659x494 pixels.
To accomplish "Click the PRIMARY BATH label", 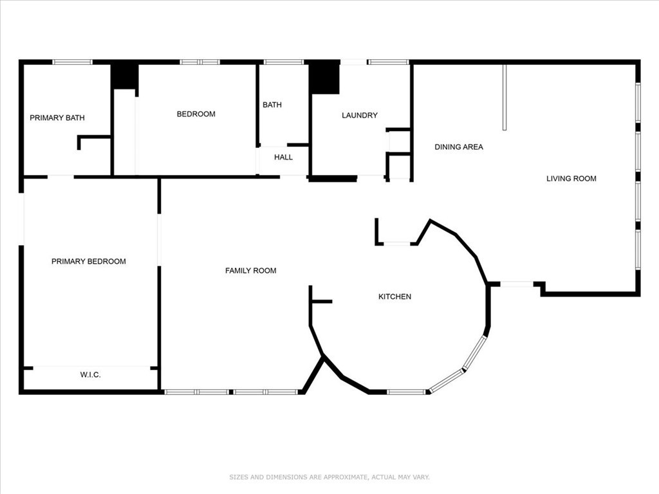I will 57,118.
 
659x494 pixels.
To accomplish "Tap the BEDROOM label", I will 196,114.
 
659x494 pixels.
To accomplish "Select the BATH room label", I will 272,105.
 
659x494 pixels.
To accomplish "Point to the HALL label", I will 283,157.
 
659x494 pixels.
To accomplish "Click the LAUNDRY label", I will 359,115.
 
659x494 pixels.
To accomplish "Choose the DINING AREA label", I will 458,147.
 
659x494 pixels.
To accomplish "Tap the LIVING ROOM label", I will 571,178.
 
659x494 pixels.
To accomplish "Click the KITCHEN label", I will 394,297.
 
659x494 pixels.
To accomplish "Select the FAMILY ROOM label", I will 250,271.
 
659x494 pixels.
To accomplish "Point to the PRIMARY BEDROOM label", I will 89,261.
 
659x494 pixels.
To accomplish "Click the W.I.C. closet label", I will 90,374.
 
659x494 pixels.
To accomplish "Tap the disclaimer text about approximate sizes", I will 329,477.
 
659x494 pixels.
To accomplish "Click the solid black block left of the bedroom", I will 124,77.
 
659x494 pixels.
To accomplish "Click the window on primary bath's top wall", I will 72,62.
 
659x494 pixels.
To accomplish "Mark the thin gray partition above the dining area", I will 505,97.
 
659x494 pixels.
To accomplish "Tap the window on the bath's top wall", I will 283,62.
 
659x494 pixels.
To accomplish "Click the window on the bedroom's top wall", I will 200,62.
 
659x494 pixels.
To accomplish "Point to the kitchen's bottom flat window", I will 406,392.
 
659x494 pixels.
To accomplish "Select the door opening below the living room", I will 517,284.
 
